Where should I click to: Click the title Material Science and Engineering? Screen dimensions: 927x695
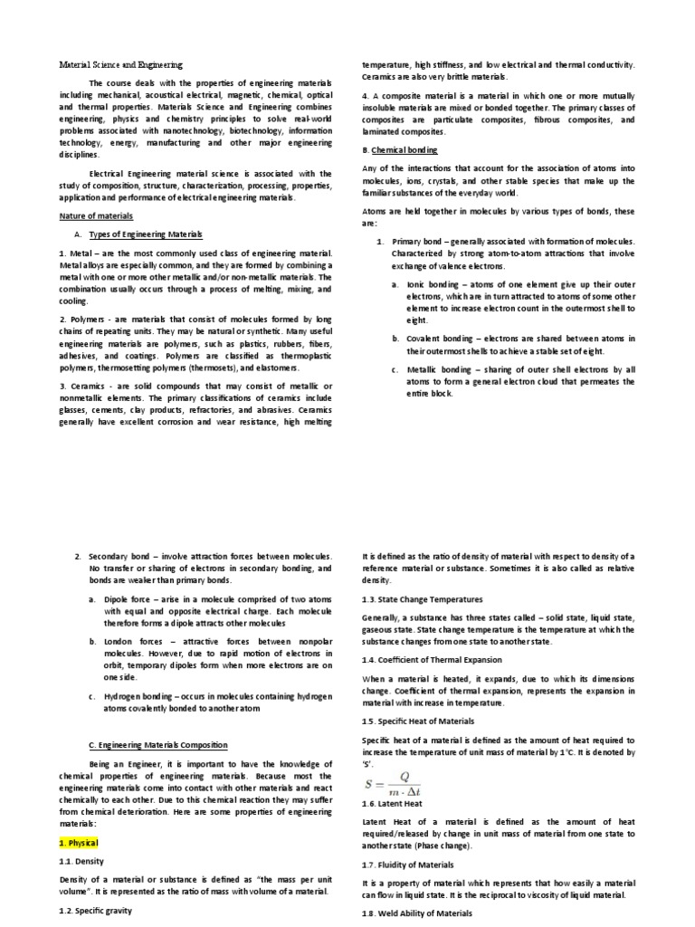click(x=120, y=65)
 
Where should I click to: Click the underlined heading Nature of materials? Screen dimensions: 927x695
click(x=95, y=216)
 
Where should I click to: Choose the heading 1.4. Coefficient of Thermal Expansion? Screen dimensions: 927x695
click(x=437, y=660)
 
